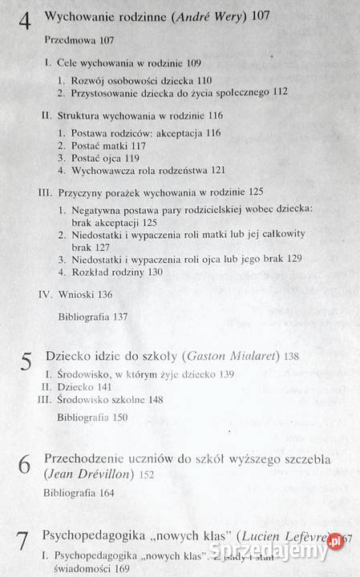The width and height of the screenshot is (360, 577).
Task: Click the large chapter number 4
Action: (24, 18)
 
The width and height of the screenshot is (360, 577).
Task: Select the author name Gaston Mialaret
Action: (230, 355)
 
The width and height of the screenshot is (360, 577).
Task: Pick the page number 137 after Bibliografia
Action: (120, 317)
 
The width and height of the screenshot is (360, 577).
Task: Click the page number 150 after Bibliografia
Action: (119, 418)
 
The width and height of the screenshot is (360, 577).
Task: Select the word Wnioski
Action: (77, 294)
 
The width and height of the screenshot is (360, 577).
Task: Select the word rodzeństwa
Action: (186, 171)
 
